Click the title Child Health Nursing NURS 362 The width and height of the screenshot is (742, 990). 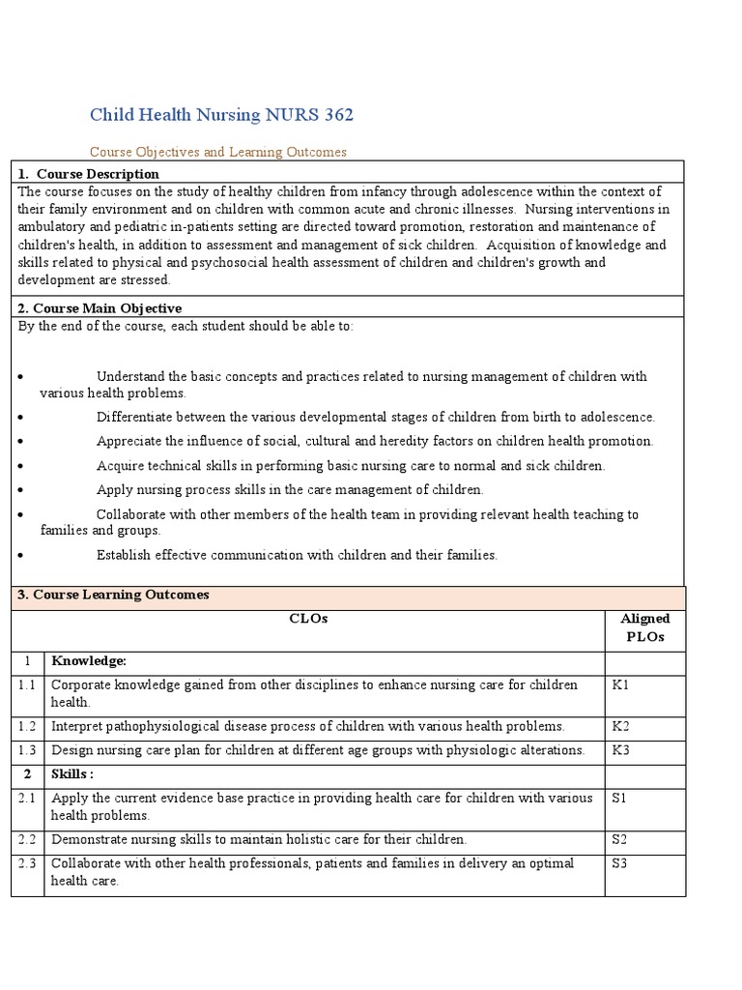tap(221, 115)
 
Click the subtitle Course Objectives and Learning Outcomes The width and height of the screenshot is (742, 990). tap(217, 152)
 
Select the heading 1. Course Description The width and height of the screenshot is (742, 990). tap(89, 174)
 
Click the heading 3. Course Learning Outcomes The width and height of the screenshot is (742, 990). tap(114, 595)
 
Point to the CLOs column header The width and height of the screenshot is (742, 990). tap(308, 619)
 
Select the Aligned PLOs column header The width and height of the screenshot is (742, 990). tap(644, 627)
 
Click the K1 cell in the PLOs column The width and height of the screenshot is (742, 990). tap(620, 684)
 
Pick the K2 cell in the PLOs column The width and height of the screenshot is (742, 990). tap(620, 726)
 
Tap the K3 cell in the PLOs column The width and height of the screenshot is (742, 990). tap(620, 750)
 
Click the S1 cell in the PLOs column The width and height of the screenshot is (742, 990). tap(619, 798)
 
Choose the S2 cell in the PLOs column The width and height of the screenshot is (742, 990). tap(619, 839)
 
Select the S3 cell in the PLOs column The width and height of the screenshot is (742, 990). tap(619, 863)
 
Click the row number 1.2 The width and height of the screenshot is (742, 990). tap(27, 726)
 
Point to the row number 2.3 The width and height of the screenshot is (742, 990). tap(27, 863)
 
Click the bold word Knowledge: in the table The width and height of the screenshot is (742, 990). tap(89, 660)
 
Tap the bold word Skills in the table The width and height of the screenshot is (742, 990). tap(71, 774)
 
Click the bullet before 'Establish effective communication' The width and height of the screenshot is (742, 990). tap(21, 556)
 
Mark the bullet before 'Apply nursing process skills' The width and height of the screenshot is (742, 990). tap(21, 490)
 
